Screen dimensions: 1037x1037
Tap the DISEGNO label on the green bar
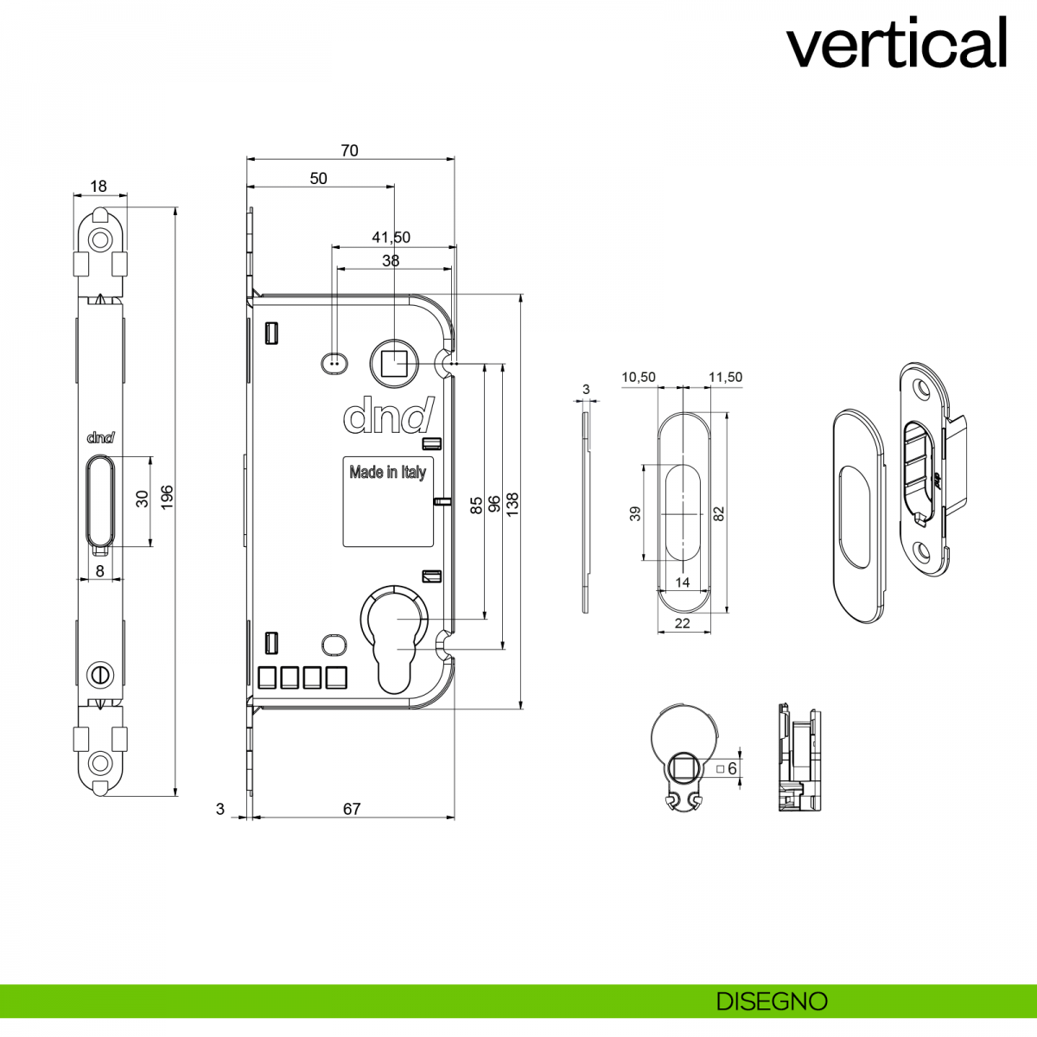click(x=772, y=1002)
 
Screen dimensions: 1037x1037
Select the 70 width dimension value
click(x=349, y=150)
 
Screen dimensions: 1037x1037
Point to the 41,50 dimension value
click(x=391, y=237)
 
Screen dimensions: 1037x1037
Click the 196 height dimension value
click(x=168, y=496)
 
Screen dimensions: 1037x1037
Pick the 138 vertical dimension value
click(x=512, y=504)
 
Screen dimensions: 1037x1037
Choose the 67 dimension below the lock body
click(x=352, y=809)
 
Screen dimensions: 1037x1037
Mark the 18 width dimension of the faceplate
click(x=99, y=186)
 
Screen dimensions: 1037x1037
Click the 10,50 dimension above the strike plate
click(x=639, y=377)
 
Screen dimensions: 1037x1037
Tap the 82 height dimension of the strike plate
click(x=719, y=512)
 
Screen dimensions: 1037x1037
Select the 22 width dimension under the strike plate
click(x=683, y=623)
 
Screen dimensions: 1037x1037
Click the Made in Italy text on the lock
click(x=387, y=472)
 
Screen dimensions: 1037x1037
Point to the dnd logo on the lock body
click(x=388, y=416)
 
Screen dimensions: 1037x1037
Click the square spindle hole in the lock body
click(x=394, y=363)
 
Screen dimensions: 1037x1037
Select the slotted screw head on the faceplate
click(x=100, y=672)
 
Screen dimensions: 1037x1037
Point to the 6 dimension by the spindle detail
click(x=732, y=768)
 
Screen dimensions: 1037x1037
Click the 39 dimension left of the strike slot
click(x=635, y=513)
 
